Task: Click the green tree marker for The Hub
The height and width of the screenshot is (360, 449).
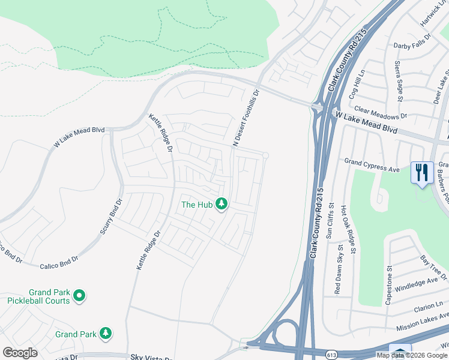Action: pos(221,205)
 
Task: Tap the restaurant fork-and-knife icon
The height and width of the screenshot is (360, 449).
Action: pos(422,173)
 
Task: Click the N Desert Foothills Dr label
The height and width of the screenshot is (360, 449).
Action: pos(246,118)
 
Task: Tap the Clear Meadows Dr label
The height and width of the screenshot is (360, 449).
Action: pos(381,112)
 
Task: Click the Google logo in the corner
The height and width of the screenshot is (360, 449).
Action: pos(20,353)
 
